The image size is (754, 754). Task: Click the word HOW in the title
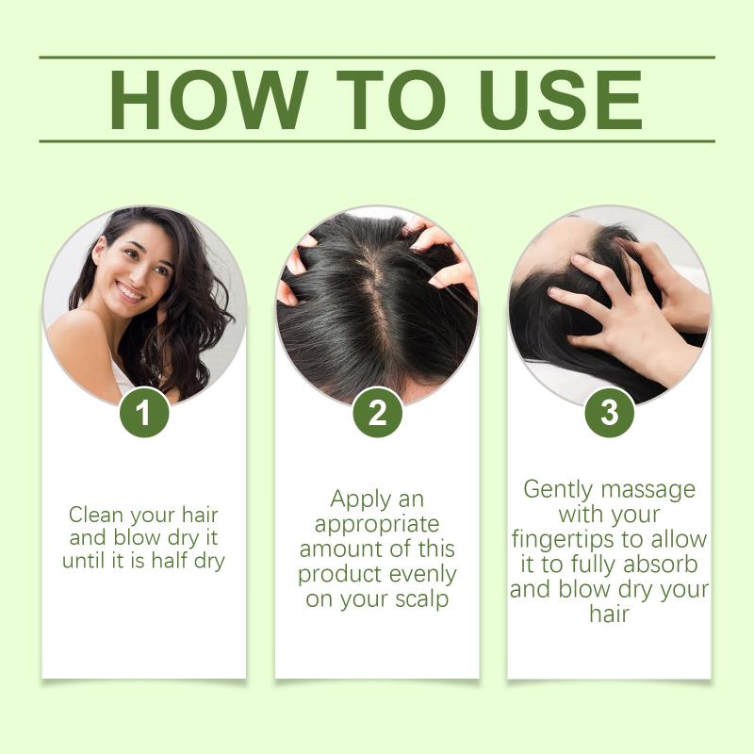coord(208,100)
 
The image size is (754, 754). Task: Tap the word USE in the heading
coord(560,100)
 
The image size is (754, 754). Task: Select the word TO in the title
coord(391,100)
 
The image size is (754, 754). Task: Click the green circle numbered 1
coord(144,413)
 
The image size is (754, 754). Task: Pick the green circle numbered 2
coord(378,413)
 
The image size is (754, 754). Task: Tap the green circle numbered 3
coord(609,413)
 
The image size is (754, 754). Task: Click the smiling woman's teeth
coord(130,292)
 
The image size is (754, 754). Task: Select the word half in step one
coord(170,560)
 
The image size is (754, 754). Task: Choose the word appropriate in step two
coord(377,525)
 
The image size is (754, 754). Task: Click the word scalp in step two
coord(421,598)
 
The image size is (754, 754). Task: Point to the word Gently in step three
coord(558,490)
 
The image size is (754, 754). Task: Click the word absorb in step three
coord(661,564)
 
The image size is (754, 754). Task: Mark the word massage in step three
coord(648,490)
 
